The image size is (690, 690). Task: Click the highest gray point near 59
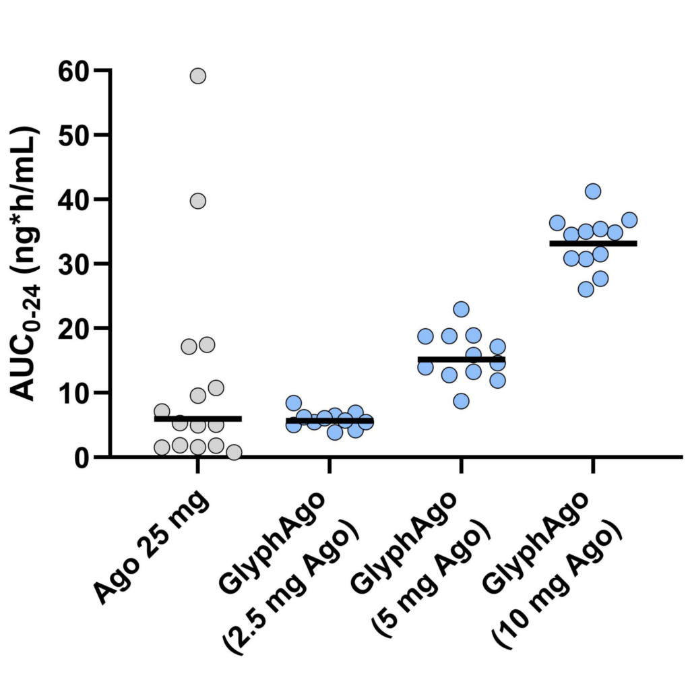(x=197, y=75)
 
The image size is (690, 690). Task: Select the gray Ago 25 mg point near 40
(x=197, y=200)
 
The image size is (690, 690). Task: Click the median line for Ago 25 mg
(x=197, y=418)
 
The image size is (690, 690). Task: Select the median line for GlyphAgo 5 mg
(x=461, y=359)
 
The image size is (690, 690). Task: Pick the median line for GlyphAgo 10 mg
(x=593, y=243)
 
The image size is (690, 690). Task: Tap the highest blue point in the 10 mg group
(x=593, y=191)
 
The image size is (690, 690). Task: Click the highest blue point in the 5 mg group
(x=461, y=309)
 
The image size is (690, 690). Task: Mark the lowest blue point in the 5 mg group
(x=461, y=401)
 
